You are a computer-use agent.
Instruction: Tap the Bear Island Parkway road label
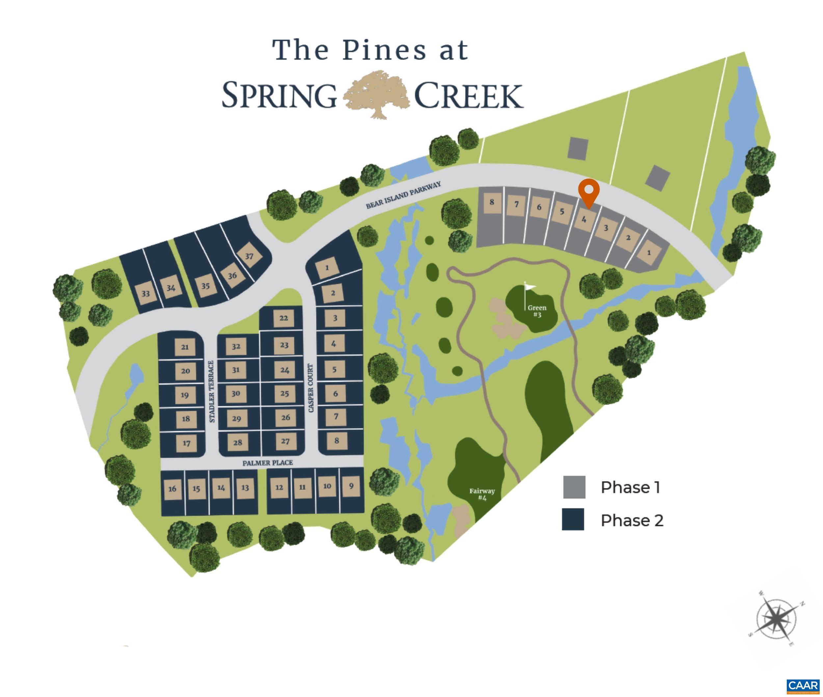(403, 195)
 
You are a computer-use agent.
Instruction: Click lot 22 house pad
(283, 318)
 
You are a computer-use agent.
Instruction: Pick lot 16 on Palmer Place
(173, 489)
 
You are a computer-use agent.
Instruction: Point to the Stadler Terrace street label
(212, 391)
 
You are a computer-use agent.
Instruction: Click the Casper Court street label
(310, 388)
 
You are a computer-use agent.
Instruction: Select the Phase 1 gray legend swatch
(574, 487)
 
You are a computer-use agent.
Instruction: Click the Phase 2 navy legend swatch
(573, 520)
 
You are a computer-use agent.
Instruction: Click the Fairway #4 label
(482, 494)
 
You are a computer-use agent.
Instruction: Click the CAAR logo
(803, 685)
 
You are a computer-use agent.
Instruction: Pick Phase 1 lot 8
(491, 202)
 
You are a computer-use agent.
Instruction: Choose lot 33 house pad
(146, 294)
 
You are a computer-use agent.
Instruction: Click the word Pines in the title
(385, 51)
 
